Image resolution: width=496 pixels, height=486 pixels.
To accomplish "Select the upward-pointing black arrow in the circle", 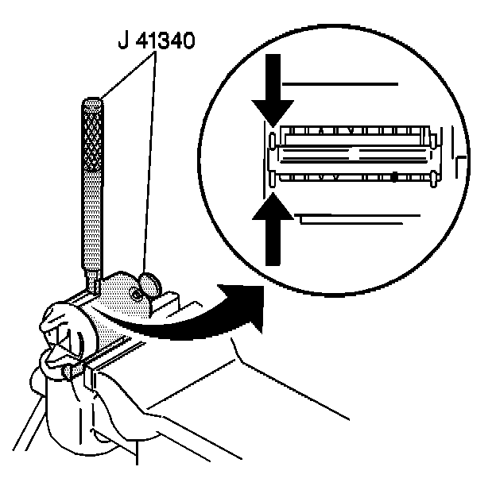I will tap(273, 230).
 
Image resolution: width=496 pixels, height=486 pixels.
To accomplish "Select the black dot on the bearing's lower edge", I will tap(394, 179).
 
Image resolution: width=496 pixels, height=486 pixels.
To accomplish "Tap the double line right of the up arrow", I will tap(350, 218).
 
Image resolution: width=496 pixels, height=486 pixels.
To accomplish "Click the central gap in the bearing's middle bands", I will tap(354, 150).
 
